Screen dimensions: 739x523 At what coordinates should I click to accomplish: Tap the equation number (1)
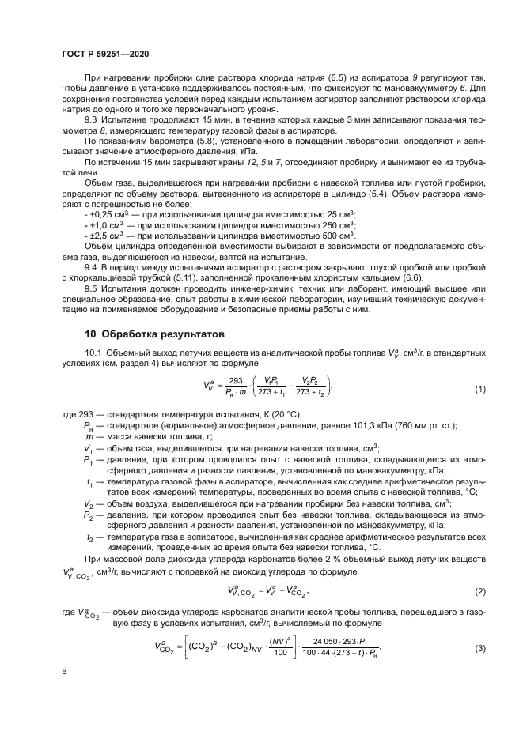(x=479, y=390)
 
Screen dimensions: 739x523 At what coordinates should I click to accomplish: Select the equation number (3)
(x=479, y=647)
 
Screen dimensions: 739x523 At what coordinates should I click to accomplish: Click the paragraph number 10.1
(x=93, y=353)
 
